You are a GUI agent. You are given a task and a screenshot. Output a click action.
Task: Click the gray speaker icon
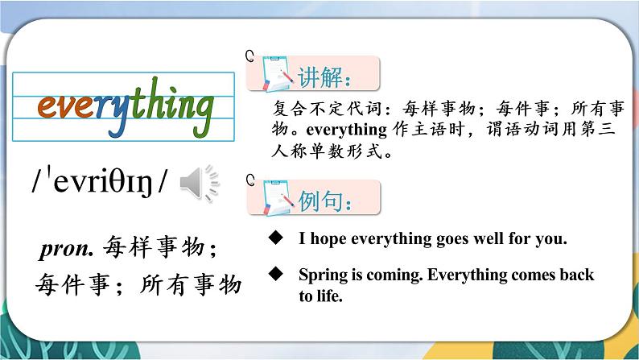click(200, 184)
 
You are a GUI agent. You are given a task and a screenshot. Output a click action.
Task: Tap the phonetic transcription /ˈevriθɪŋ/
click(100, 180)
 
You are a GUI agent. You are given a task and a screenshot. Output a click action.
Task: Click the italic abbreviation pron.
click(67, 248)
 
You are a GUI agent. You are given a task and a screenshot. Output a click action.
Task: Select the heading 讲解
click(324, 77)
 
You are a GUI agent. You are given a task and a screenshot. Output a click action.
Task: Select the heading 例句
click(325, 201)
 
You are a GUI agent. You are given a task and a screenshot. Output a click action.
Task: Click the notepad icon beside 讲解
click(277, 74)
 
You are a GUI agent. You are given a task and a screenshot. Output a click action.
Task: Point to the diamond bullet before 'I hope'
click(276, 238)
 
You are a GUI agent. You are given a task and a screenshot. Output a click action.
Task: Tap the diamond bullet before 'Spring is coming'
click(276, 274)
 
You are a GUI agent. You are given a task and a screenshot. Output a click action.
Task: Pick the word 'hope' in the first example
click(328, 239)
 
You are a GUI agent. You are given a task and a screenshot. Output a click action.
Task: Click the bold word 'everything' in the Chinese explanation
click(346, 130)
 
